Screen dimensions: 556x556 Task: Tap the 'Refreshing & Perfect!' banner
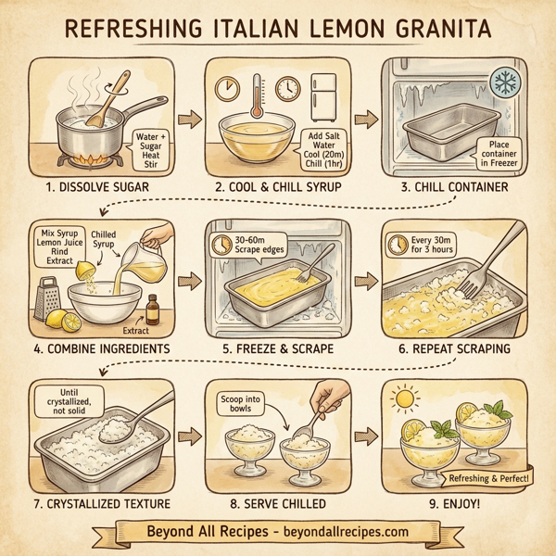(487, 477)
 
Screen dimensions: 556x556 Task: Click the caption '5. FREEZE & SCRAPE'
(278, 347)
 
